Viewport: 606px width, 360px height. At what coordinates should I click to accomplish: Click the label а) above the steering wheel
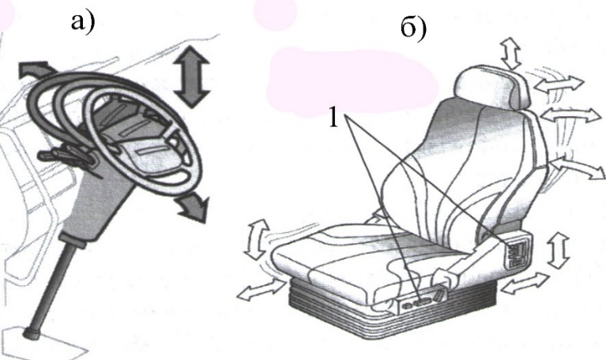click(x=83, y=22)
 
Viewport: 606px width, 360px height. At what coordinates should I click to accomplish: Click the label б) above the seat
click(x=413, y=28)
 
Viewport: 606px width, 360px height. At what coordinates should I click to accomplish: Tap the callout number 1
click(x=333, y=117)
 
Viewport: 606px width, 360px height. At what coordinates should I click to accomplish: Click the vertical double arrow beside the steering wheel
click(x=192, y=76)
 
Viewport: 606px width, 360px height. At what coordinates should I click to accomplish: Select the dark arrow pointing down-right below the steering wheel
click(x=192, y=208)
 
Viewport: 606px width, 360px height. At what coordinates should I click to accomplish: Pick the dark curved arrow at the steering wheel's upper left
click(x=36, y=69)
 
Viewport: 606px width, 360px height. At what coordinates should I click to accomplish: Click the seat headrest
click(x=493, y=87)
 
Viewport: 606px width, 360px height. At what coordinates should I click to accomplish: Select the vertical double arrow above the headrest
click(x=511, y=53)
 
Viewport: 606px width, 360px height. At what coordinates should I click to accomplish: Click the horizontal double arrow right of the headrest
click(x=559, y=84)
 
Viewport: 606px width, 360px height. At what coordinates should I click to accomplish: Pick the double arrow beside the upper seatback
click(x=571, y=114)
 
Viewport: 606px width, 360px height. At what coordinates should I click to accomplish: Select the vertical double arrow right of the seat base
click(x=559, y=250)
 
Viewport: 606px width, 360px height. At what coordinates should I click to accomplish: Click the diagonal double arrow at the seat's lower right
click(x=525, y=284)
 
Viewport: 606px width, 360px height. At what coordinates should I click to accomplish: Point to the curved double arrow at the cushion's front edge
click(x=257, y=239)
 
